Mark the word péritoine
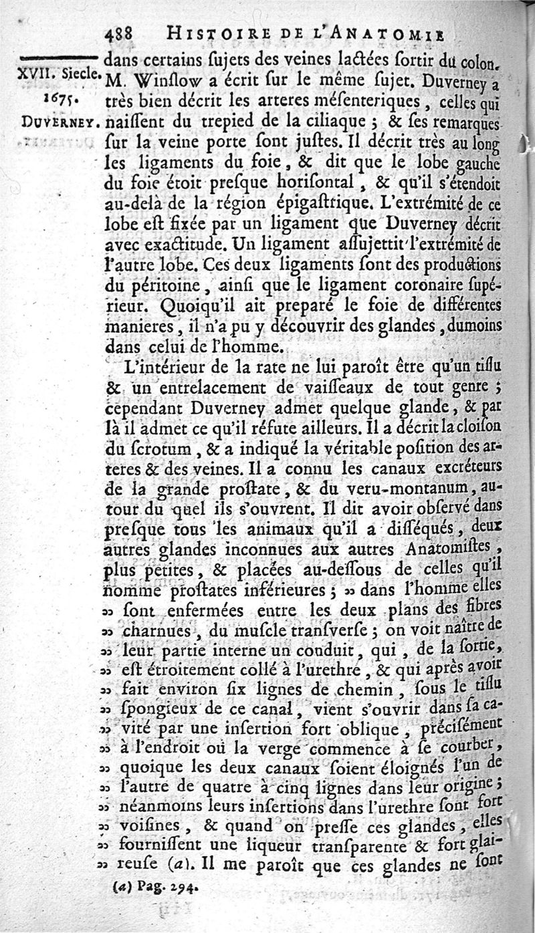coord(160,287)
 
